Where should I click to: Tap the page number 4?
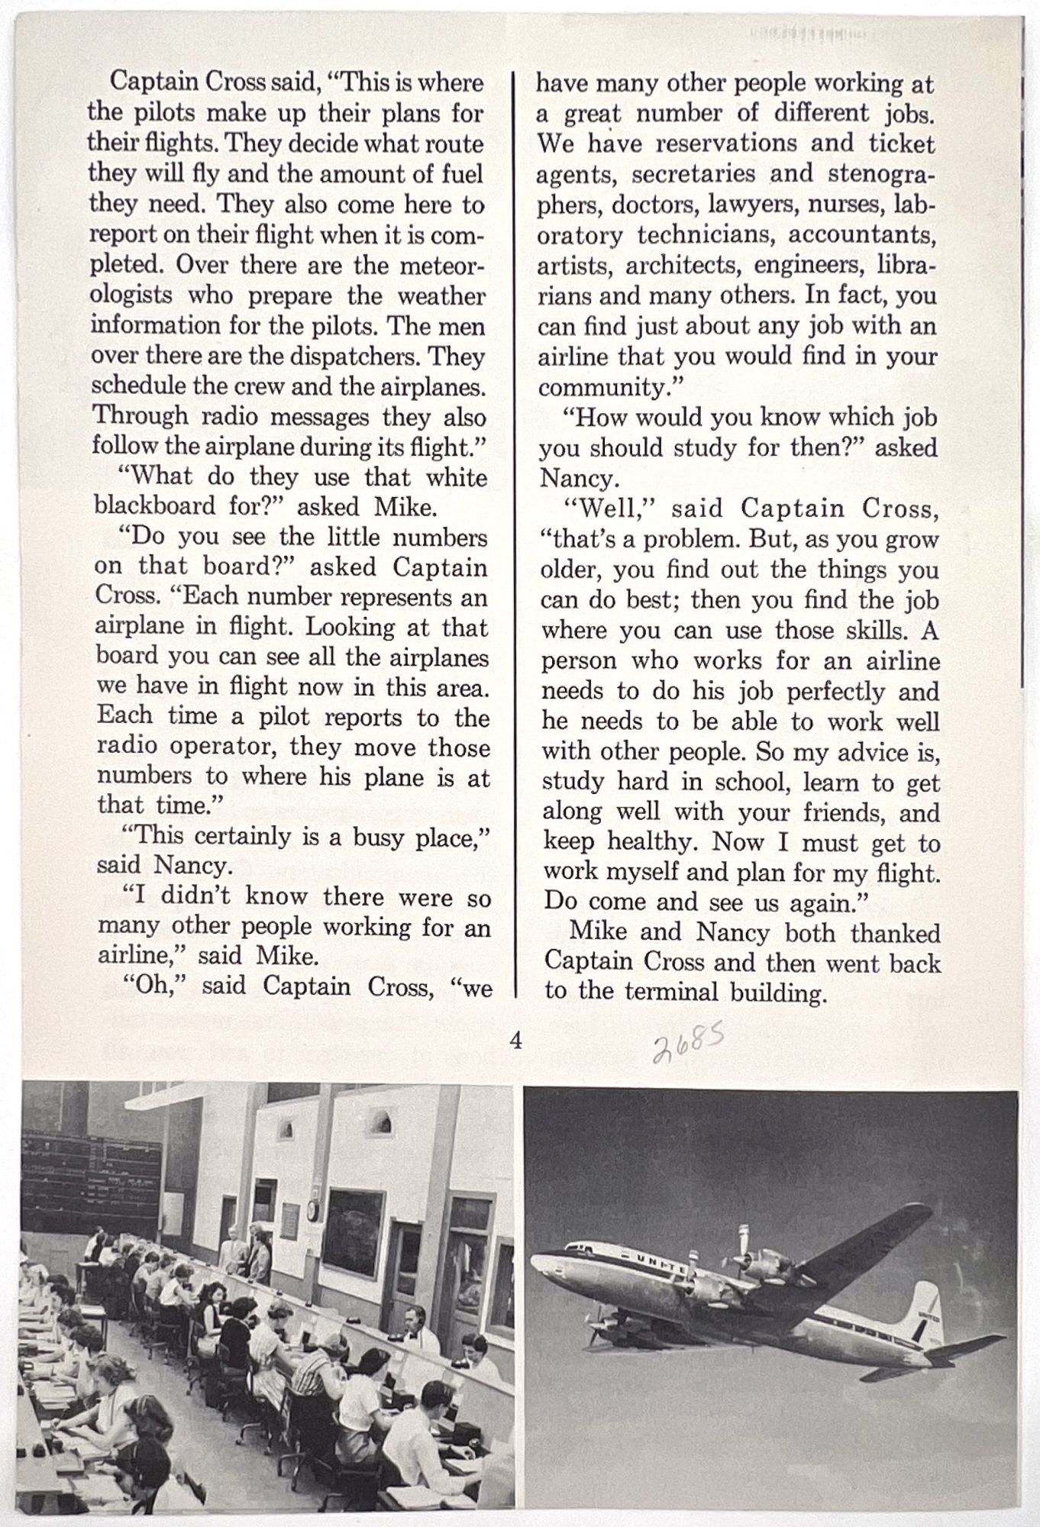(x=515, y=1040)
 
